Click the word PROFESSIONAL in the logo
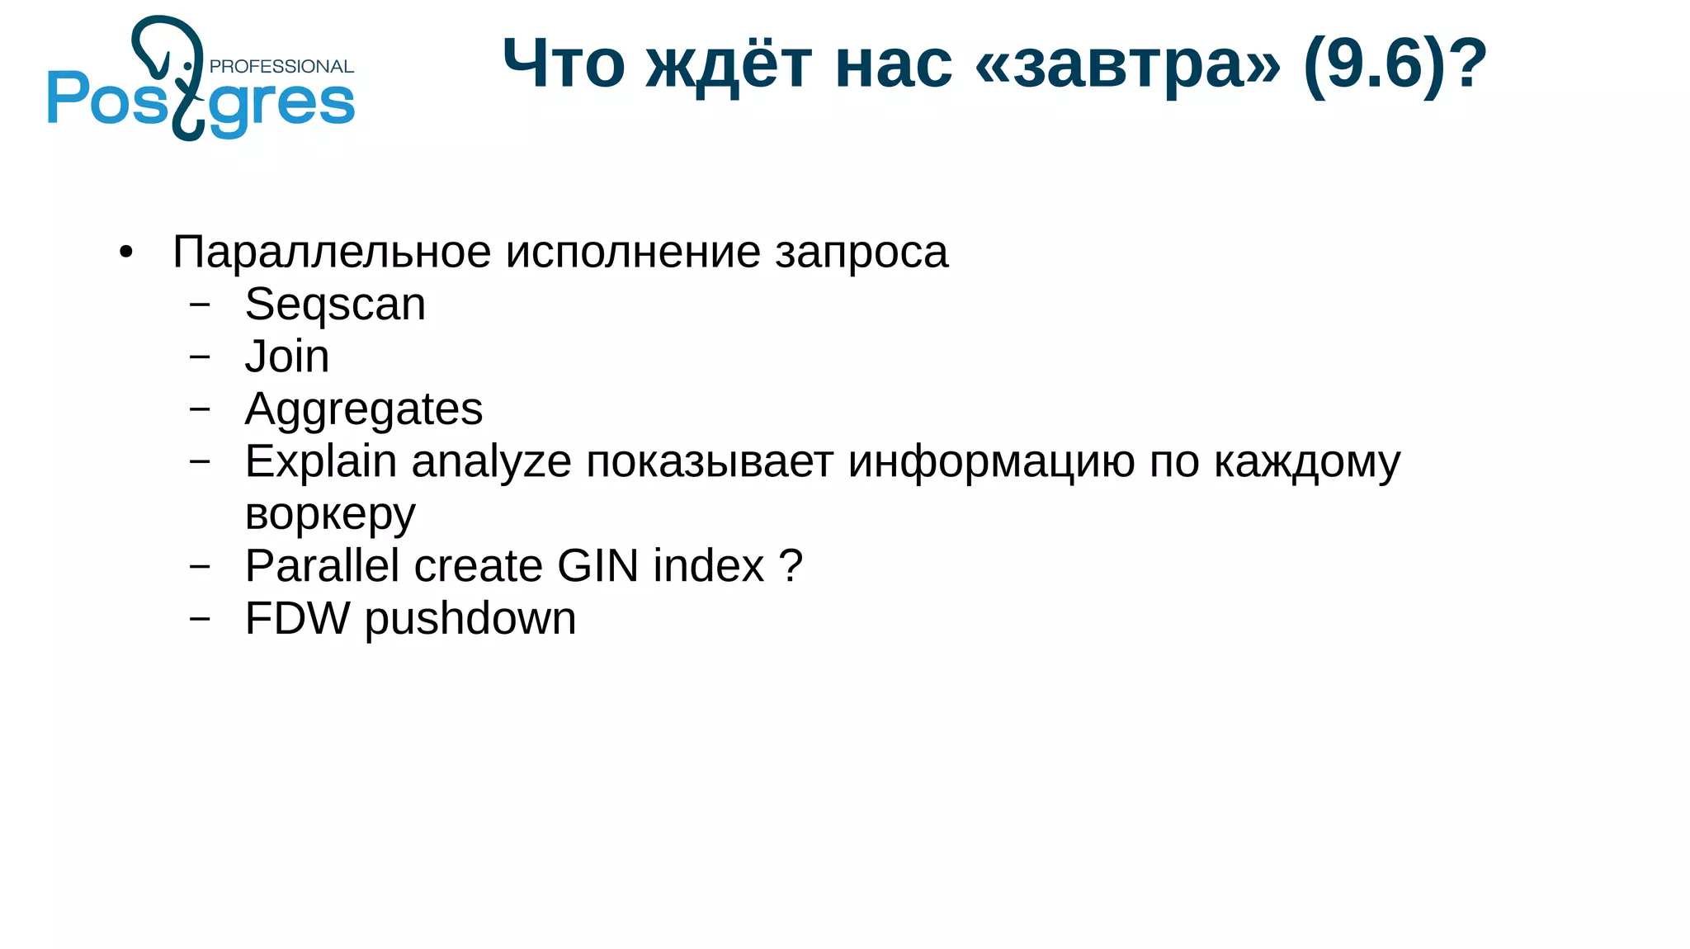(281, 67)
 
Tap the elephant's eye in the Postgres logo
(188, 66)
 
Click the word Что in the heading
(564, 64)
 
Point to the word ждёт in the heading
(729, 64)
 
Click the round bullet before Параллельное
(125, 253)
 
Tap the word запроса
(862, 253)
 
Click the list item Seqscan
(335, 305)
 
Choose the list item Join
(286, 357)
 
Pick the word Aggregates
(364, 410)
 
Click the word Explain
(321, 461)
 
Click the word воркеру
(330, 515)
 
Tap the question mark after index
(791, 566)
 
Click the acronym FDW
(297, 619)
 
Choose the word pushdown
(470, 620)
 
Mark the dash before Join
(200, 356)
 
